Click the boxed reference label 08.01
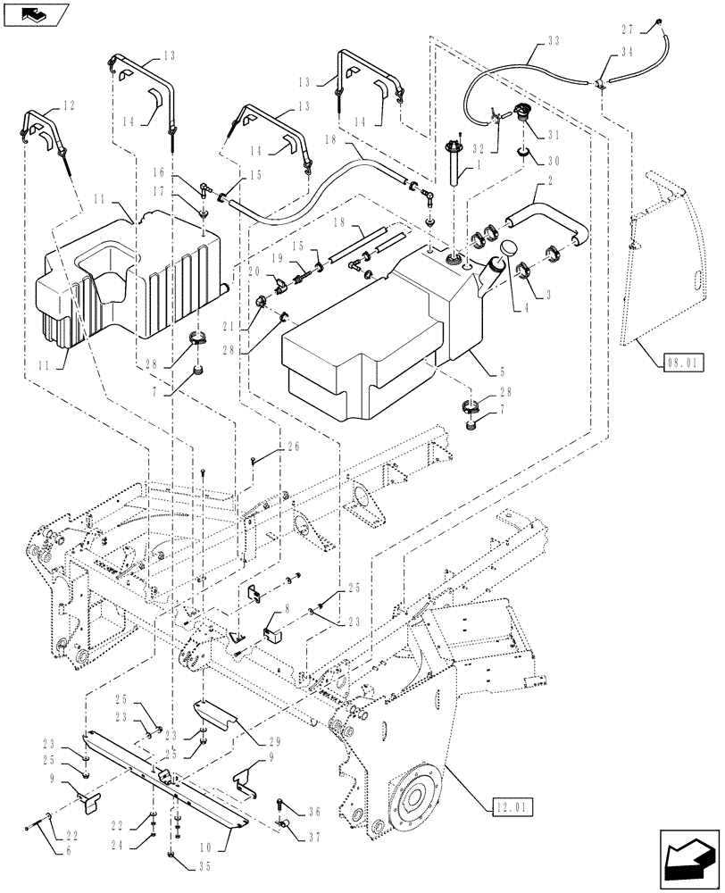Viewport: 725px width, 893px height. tap(685, 363)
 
